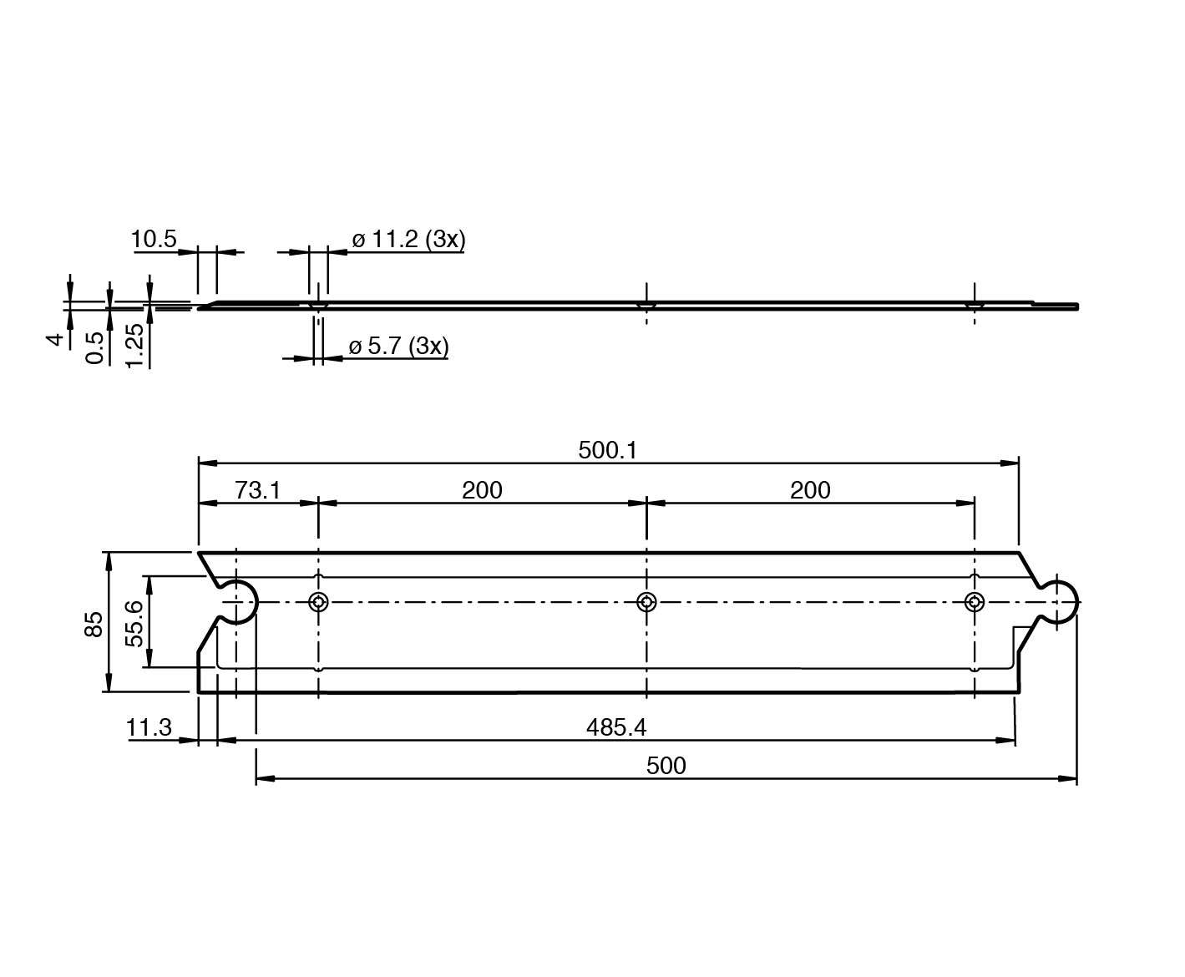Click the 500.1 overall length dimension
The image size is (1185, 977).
pos(608,451)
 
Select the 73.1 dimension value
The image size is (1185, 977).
pos(258,490)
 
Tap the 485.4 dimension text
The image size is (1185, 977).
pos(616,727)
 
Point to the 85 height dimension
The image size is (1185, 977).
pos(94,624)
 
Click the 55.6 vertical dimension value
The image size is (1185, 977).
pos(134,624)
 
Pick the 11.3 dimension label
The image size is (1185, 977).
pos(149,727)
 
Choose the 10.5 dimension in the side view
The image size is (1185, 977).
pos(154,239)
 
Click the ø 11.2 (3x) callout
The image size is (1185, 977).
pos(408,240)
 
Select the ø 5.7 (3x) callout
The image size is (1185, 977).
pos(399,346)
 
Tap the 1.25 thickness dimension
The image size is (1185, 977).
pos(134,346)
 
